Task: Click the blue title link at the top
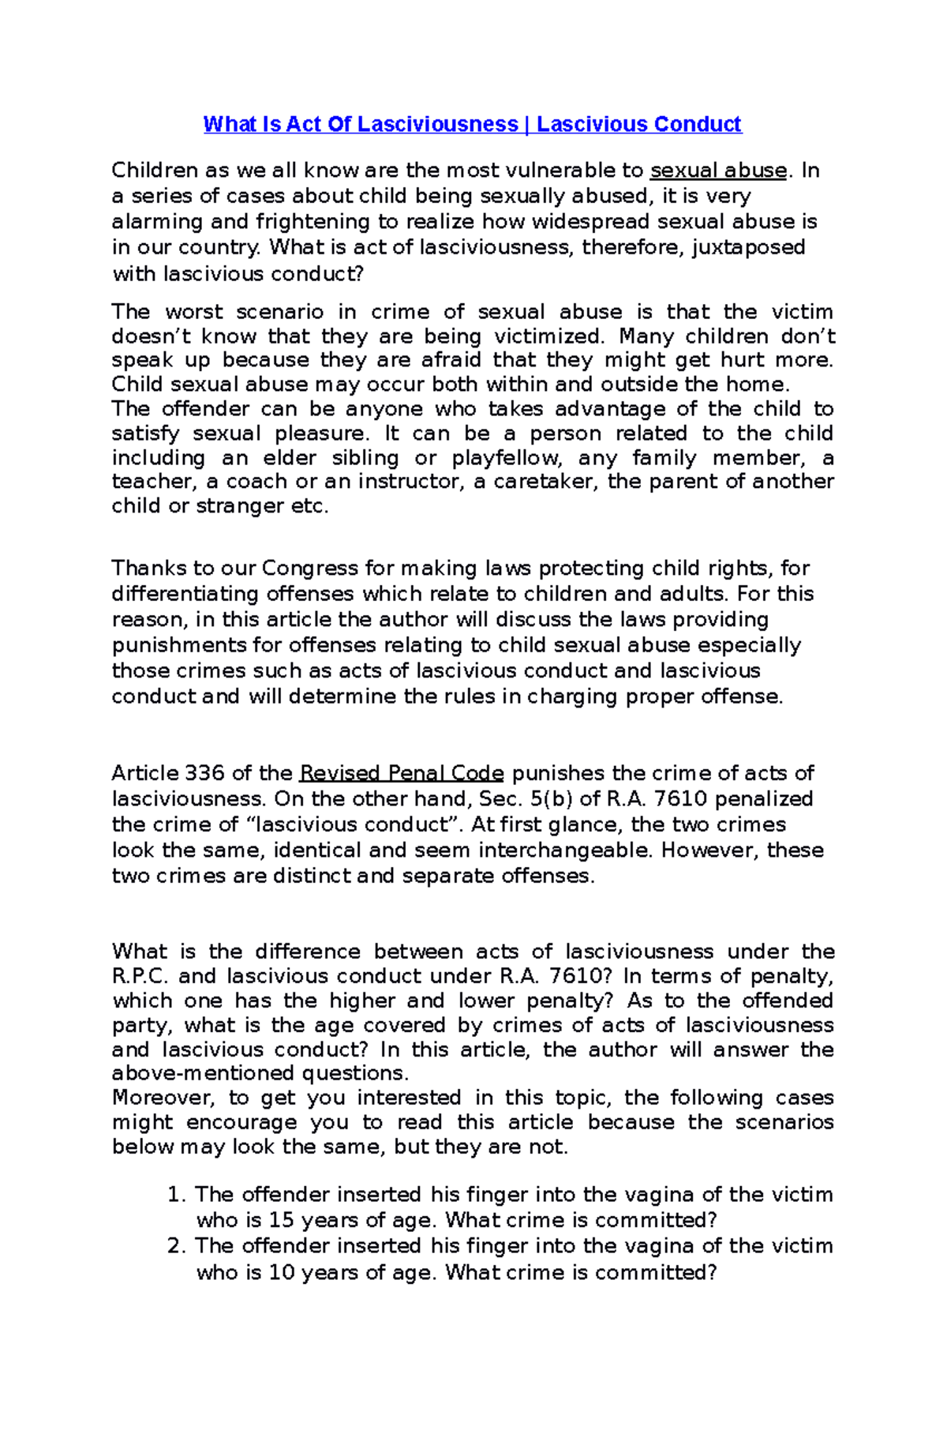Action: (472, 125)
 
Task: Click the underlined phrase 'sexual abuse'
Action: (718, 171)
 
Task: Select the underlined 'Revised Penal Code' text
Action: (402, 773)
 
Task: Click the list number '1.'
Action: (177, 1195)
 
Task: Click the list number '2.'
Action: (177, 1246)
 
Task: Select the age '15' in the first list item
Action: (281, 1220)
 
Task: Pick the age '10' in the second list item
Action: (281, 1272)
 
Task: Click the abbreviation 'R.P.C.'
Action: (140, 976)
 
